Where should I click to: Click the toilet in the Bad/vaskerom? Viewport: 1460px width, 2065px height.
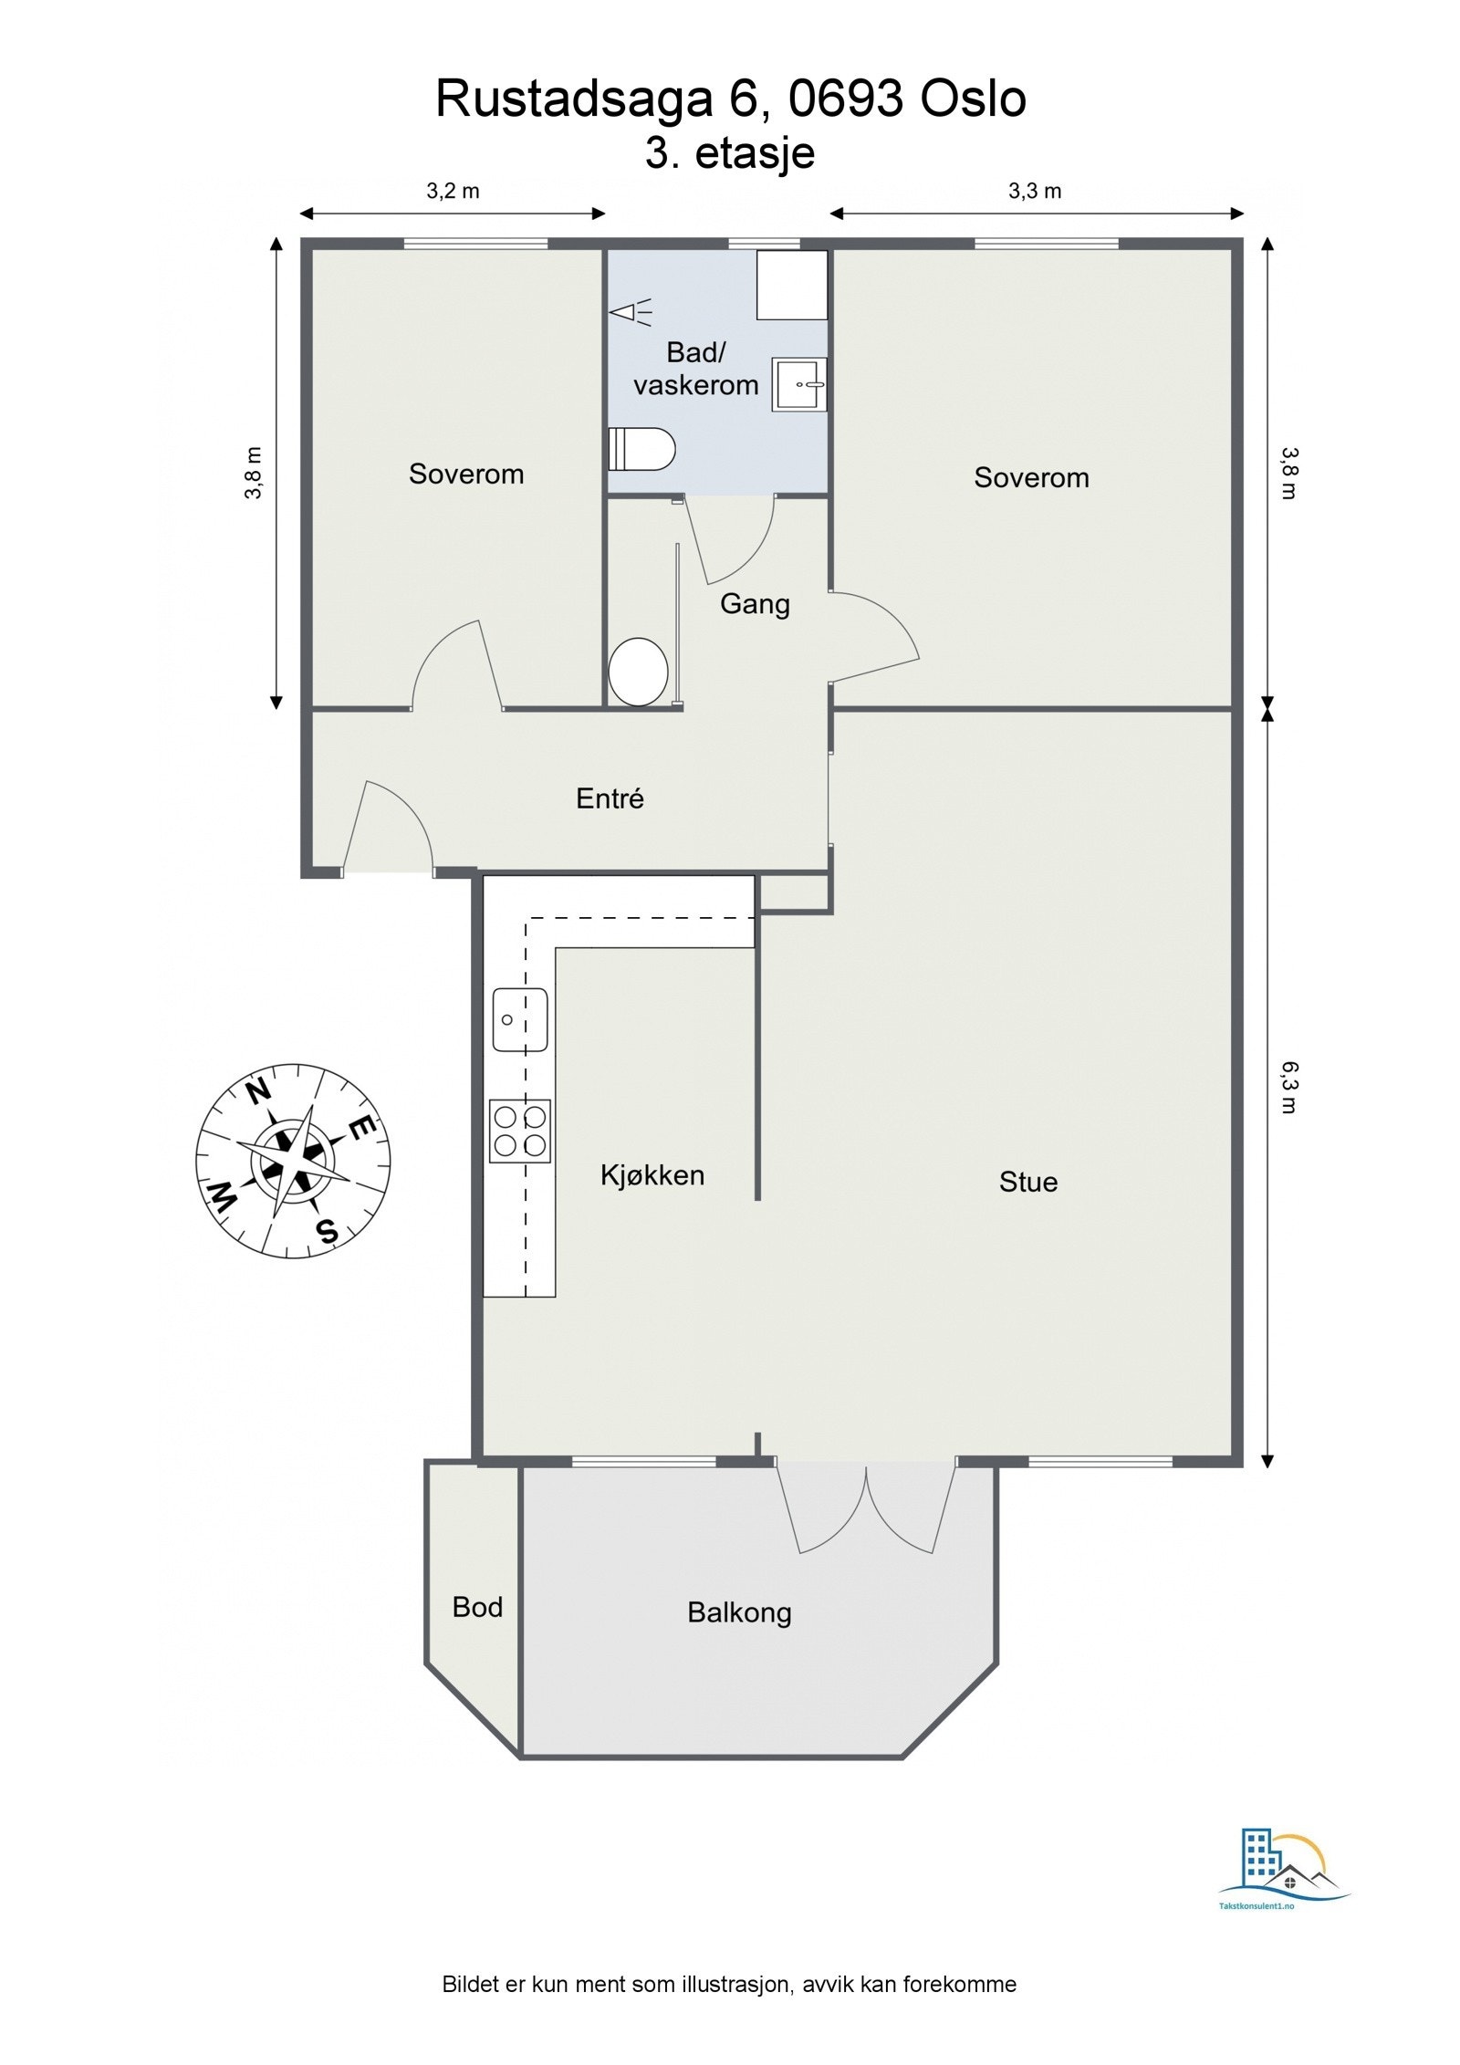(x=641, y=449)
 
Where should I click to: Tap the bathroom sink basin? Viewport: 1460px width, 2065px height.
(x=800, y=384)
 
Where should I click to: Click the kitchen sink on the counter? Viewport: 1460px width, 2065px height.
(x=519, y=1019)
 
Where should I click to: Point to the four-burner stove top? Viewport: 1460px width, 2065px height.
(x=519, y=1131)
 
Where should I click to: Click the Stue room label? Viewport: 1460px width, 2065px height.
(x=1027, y=1182)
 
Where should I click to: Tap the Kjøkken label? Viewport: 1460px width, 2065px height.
(x=652, y=1174)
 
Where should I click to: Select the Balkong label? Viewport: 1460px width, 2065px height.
(x=738, y=1612)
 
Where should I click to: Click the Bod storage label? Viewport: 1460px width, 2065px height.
(x=477, y=1607)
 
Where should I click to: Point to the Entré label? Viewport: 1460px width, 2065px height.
(x=610, y=798)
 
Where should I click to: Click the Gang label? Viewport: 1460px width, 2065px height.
(x=754, y=604)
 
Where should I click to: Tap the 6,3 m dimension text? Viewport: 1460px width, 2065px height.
(x=1288, y=1086)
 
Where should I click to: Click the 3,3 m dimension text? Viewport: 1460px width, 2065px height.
(x=1034, y=191)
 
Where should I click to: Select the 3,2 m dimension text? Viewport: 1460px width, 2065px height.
(x=453, y=191)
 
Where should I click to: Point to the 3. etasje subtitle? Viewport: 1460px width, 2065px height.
(x=729, y=152)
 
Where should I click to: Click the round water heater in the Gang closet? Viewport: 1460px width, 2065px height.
(x=638, y=672)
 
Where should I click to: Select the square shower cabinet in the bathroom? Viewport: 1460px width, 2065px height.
(x=791, y=285)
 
